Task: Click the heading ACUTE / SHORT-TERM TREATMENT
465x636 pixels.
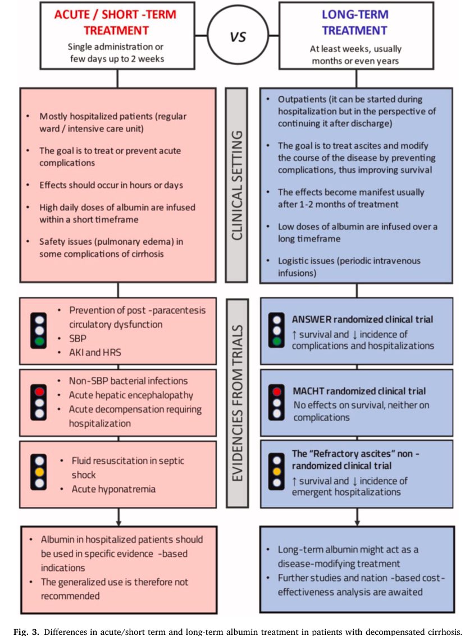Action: [x=115, y=22]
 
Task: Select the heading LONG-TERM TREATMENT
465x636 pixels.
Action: [x=354, y=22]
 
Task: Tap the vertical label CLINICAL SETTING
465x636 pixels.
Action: [x=236, y=186]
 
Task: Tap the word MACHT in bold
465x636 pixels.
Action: [x=309, y=391]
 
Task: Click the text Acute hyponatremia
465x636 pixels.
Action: [x=113, y=489]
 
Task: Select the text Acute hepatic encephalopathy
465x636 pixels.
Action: [x=131, y=395]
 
